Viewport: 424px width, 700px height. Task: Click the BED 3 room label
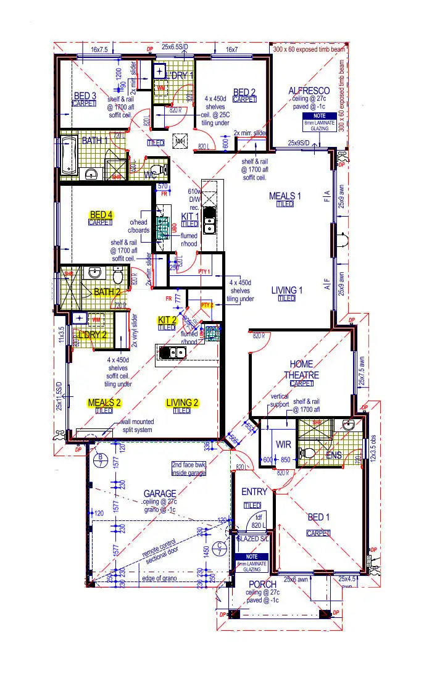click(x=85, y=96)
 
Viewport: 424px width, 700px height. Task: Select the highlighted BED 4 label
click(x=101, y=215)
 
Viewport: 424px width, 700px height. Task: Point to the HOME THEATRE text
click(x=302, y=369)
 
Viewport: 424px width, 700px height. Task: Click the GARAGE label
click(x=160, y=493)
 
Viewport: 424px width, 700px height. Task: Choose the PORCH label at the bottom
click(x=262, y=584)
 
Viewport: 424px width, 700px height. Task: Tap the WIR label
click(x=283, y=444)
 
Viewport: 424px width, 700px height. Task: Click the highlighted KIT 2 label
click(x=167, y=320)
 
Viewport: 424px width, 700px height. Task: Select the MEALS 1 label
click(x=285, y=196)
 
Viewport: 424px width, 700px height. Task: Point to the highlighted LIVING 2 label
click(x=182, y=403)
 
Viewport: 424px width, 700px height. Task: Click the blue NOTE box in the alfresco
click(x=318, y=119)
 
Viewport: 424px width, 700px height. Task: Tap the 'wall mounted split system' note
click(x=137, y=426)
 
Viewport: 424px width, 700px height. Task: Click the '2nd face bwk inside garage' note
click(x=189, y=469)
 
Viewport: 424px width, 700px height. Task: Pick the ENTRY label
click(x=254, y=492)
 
